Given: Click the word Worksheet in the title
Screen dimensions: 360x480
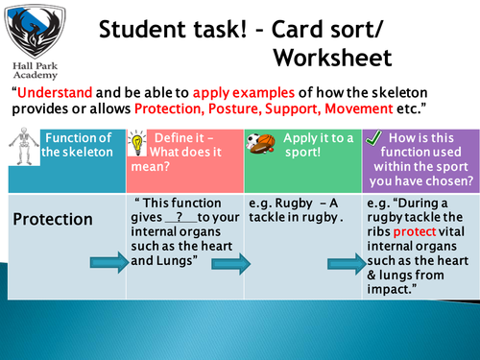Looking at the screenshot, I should pyautogui.click(x=332, y=57).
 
